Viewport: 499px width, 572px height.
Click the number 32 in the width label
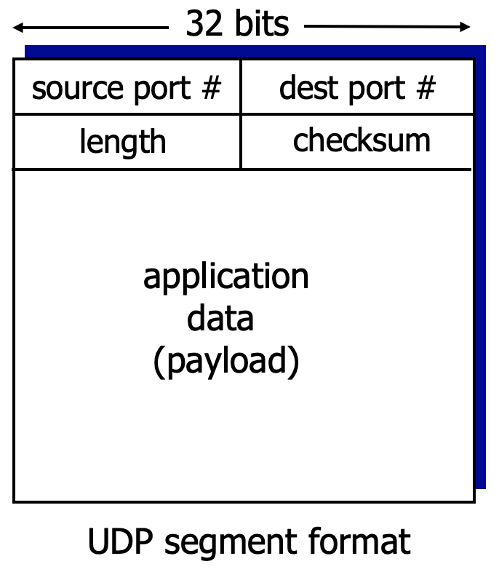tap(203, 24)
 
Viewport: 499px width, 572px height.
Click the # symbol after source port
tap(210, 88)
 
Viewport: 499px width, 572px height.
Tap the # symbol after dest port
tap(426, 88)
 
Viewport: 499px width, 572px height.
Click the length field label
tap(122, 142)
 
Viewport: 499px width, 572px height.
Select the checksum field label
tap(362, 140)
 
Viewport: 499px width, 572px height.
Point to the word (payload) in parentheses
tap(225, 362)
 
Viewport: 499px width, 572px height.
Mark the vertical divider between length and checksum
tap(241, 142)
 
